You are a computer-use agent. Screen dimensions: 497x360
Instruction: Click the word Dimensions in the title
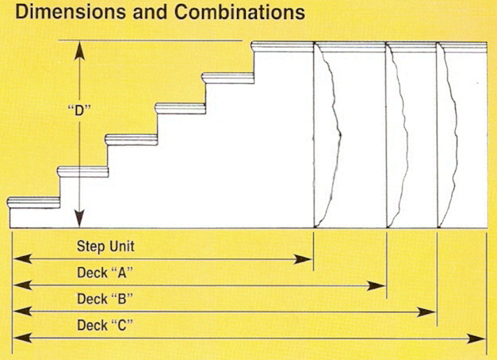(71, 12)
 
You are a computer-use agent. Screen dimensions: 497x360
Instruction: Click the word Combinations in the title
(239, 12)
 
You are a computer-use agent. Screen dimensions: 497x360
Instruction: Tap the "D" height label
(79, 110)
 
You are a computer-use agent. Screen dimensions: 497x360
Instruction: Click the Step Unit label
(105, 246)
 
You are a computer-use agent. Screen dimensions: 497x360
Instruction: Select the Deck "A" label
(105, 273)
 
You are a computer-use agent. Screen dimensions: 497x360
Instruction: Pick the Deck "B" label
(105, 299)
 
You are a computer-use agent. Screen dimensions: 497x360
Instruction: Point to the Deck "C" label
(105, 325)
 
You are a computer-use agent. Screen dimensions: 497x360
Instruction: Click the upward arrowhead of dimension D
(79, 51)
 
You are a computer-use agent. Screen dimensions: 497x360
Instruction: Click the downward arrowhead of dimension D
(79, 218)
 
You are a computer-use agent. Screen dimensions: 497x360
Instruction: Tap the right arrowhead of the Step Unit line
(302, 259)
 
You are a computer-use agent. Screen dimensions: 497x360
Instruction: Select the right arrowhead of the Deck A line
(376, 285)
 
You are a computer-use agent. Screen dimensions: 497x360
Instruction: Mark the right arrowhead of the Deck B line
(426, 312)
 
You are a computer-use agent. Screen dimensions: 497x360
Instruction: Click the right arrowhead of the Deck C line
(476, 339)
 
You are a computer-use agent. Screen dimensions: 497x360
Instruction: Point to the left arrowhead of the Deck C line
(22, 338)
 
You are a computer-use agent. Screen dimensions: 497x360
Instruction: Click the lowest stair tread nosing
(33, 202)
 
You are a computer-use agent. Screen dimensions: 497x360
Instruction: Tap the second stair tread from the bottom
(82, 171)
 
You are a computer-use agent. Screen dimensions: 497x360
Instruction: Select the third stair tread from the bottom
(132, 140)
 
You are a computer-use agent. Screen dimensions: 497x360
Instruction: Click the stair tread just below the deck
(227, 78)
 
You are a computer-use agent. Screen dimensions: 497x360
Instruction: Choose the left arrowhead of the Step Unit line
(22, 259)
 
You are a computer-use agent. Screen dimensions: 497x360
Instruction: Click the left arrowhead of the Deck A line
(22, 285)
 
